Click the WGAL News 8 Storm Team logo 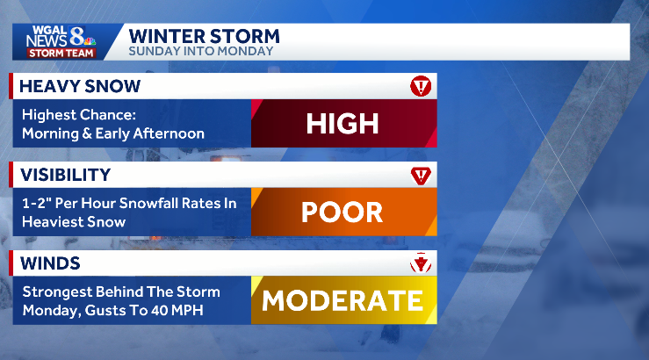pos(60,41)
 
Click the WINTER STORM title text pos(204,36)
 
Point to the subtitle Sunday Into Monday pos(200,51)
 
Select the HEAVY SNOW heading pos(80,86)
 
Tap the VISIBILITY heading pos(65,175)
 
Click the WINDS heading pos(50,263)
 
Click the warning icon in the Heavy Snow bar pos(421,86)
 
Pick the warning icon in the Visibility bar pos(421,175)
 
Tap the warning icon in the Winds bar pos(421,263)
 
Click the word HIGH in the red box pos(343,123)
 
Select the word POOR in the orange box pos(343,212)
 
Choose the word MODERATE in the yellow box pos(343,300)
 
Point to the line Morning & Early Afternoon pos(113,133)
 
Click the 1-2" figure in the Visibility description pos(34,204)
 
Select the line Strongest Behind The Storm pos(121,292)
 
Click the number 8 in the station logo pos(76,36)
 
